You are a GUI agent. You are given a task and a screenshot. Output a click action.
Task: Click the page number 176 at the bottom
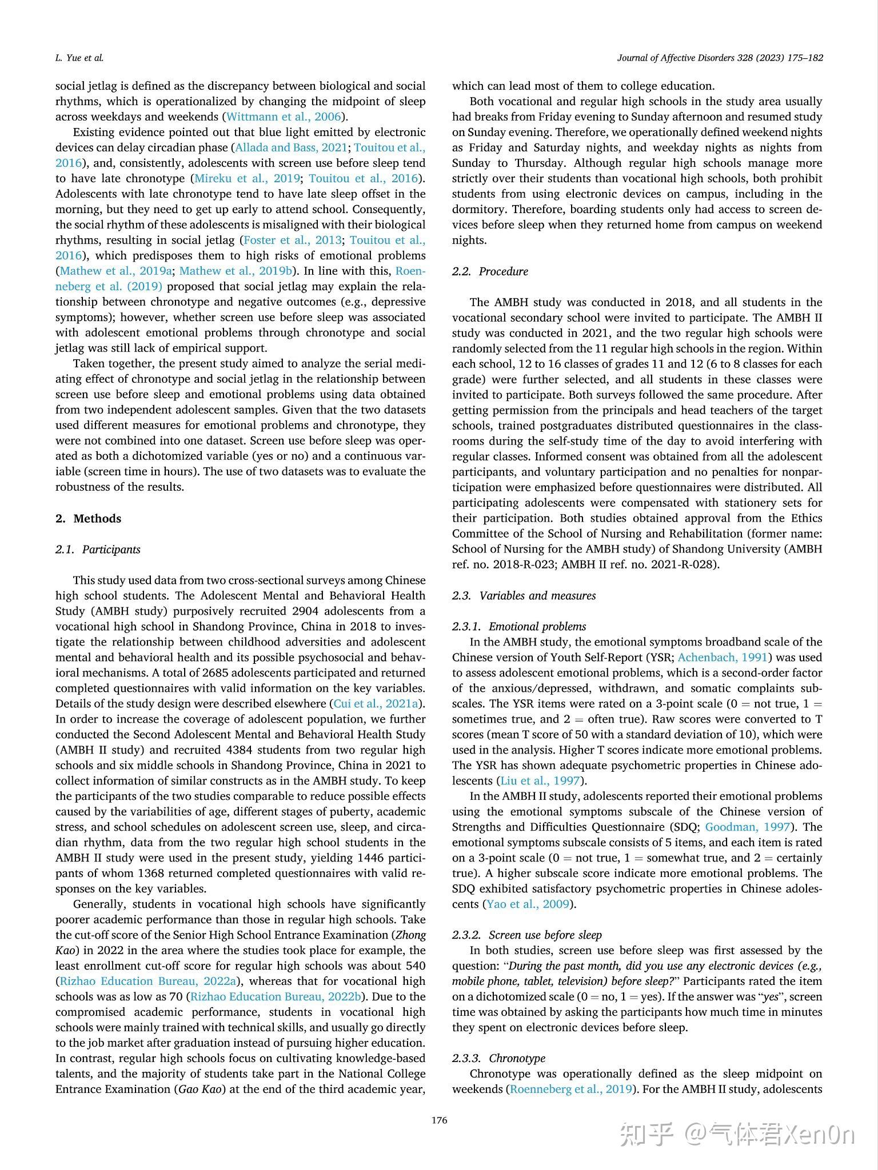(439, 1120)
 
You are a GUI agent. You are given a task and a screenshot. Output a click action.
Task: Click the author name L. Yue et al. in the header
(79, 58)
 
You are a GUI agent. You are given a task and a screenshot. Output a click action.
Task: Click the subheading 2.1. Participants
(98, 549)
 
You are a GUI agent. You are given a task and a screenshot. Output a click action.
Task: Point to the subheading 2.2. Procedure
(490, 271)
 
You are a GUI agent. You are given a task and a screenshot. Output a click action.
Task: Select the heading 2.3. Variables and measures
(524, 595)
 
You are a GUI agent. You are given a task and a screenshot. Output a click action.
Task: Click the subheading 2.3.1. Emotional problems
(519, 626)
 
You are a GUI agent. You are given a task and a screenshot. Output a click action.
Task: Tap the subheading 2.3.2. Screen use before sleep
(527, 935)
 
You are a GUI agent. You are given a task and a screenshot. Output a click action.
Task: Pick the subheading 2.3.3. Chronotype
(498, 1058)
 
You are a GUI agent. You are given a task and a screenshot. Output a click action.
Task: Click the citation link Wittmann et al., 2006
(284, 117)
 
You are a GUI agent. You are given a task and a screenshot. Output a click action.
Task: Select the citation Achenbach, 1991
(723, 657)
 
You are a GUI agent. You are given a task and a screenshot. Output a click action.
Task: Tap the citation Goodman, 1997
(747, 827)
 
